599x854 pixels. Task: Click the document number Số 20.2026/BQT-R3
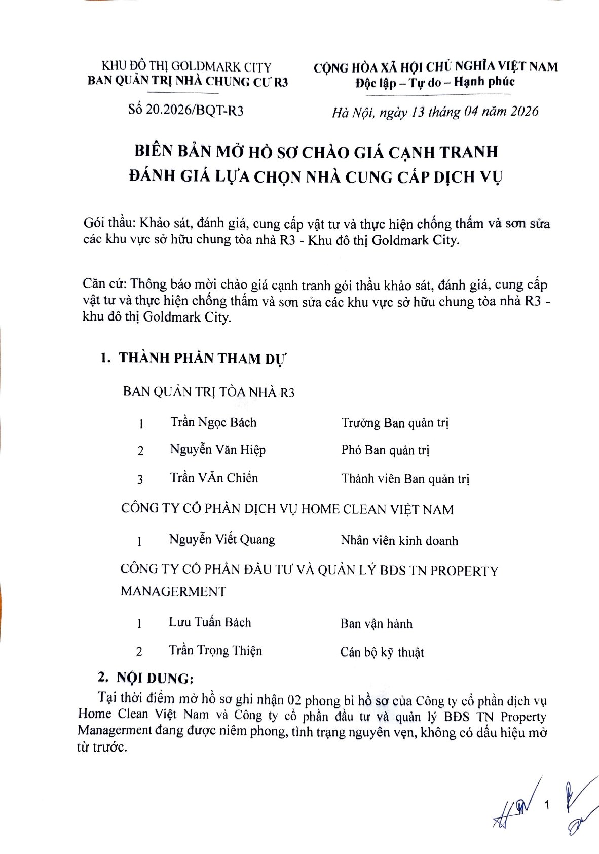tap(186, 111)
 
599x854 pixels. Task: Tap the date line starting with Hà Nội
tap(435, 112)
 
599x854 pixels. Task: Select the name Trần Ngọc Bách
tap(213, 422)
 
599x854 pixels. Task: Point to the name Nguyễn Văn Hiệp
tap(217, 450)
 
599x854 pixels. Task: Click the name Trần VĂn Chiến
tap(214, 478)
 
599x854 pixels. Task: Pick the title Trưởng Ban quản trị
tap(395, 423)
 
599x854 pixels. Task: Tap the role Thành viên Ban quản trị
tap(405, 478)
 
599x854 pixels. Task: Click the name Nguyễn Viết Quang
tap(222, 539)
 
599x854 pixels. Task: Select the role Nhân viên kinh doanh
tap(399, 541)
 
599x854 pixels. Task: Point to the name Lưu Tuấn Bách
tap(210, 622)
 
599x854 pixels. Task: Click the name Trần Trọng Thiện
tap(215, 650)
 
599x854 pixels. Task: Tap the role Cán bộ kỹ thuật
tap(382, 652)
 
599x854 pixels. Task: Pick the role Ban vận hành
tap(377, 624)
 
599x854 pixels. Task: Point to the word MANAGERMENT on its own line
tap(173, 591)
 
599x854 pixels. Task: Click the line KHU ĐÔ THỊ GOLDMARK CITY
tap(187, 66)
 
